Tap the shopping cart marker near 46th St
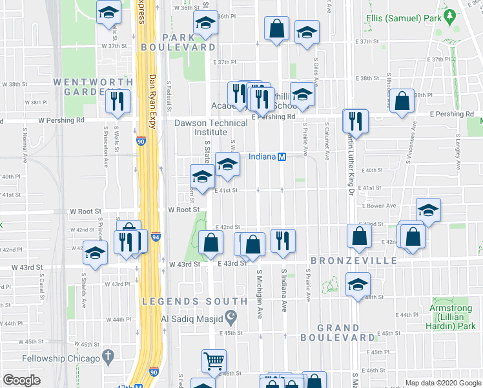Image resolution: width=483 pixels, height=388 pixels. (x=214, y=361)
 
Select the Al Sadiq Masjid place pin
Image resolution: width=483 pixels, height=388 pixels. (x=231, y=317)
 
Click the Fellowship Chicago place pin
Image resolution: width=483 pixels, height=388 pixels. (x=108, y=356)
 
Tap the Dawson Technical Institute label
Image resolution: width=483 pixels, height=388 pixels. (x=211, y=127)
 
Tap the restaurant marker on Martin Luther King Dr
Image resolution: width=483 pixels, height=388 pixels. (x=356, y=120)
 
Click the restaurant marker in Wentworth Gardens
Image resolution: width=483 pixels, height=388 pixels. (x=118, y=101)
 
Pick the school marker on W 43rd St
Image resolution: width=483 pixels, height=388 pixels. (x=96, y=253)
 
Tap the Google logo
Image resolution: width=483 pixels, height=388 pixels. (x=22, y=380)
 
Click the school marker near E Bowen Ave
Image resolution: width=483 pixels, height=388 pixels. (x=428, y=210)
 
